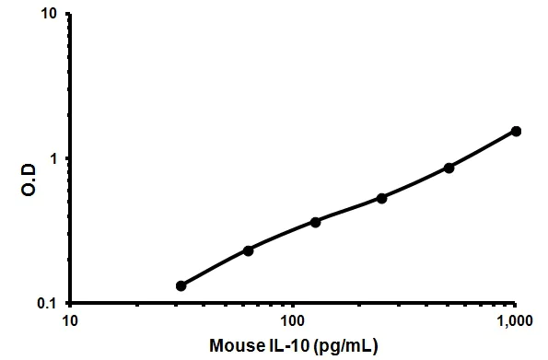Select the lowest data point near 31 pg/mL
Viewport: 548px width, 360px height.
point(181,285)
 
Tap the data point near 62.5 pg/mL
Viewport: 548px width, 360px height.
point(248,250)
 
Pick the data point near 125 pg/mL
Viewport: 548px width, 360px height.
point(315,222)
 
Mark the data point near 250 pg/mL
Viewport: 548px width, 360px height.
point(381,198)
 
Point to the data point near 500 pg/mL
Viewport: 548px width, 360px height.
point(449,168)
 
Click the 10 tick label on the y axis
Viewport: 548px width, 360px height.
point(50,16)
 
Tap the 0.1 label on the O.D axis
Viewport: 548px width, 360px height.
point(47,303)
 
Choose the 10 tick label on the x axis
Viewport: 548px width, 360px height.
point(68,321)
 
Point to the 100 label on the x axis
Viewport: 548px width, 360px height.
point(292,321)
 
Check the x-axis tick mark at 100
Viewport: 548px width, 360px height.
point(292,307)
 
